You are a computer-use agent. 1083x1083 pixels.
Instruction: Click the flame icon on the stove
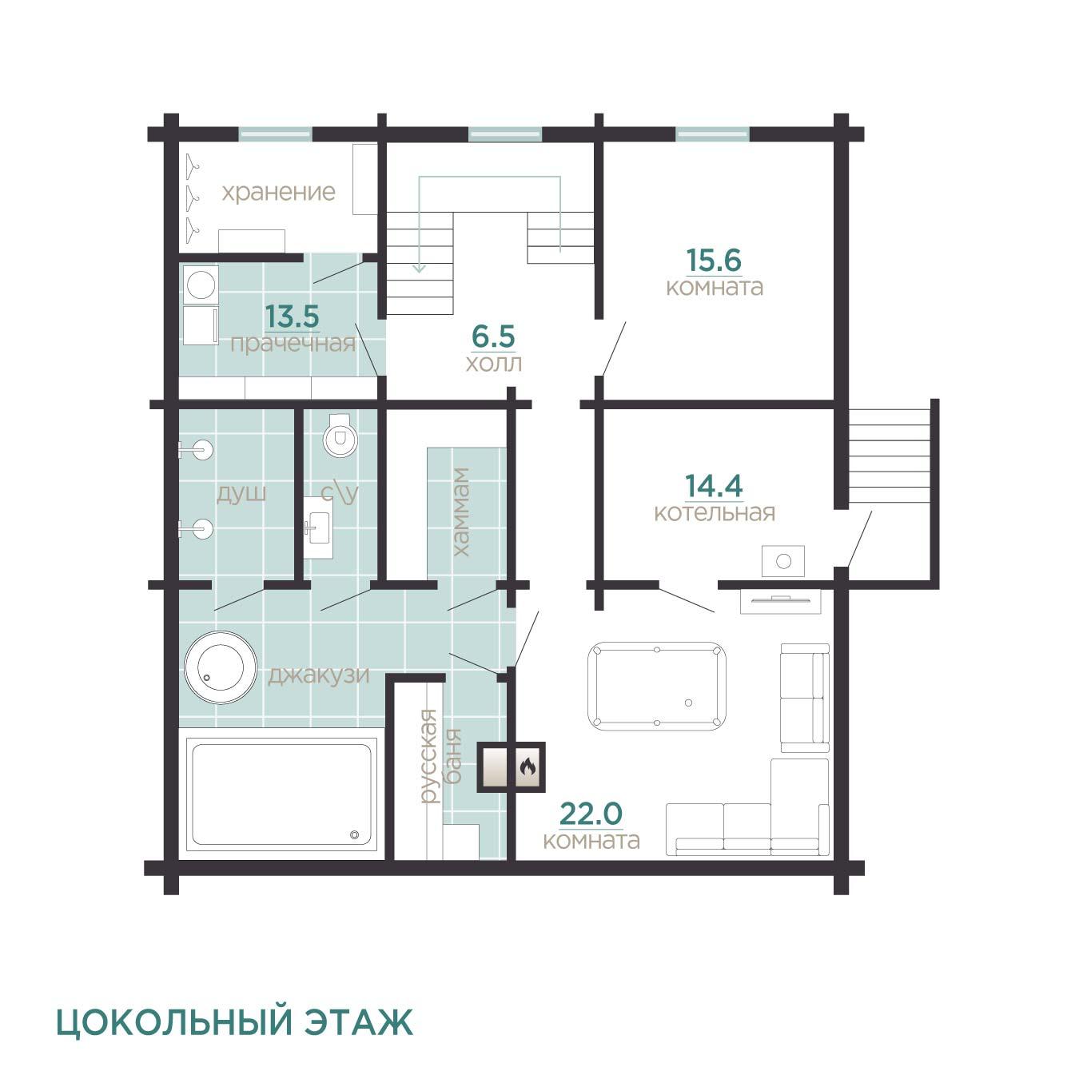point(527,766)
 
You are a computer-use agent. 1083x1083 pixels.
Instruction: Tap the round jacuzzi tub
point(221,667)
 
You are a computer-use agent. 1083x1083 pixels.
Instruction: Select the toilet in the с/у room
point(340,435)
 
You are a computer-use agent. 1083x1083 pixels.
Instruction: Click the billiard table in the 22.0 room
point(656,687)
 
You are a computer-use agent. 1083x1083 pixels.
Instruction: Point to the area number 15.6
point(714,260)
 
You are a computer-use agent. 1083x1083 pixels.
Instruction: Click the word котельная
point(715,512)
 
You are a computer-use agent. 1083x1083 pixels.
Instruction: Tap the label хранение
point(278,193)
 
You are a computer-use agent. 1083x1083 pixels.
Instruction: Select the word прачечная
point(293,344)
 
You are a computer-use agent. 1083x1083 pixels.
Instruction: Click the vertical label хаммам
point(461,512)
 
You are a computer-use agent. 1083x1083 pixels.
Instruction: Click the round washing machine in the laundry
point(201,285)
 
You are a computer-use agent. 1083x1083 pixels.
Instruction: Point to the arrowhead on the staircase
point(419,268)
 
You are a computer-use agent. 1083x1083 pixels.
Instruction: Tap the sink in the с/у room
point(318,528)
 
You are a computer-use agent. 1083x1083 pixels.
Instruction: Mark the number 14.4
point(714,486)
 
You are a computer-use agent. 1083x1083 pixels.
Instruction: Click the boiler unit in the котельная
point(783,560)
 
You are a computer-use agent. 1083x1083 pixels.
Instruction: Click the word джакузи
point(319,675)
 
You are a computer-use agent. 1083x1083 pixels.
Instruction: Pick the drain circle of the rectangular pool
point(354,834)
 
